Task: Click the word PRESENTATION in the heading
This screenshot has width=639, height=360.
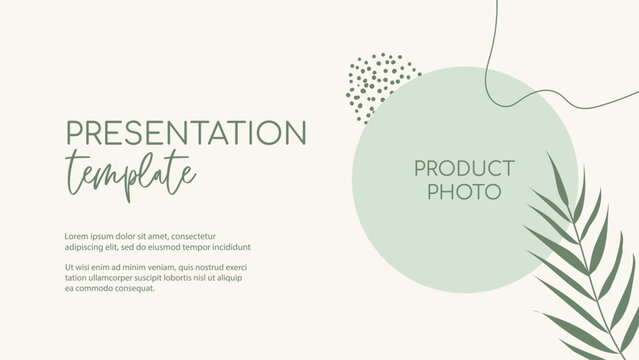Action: pyautogui.click(x=186, y=132)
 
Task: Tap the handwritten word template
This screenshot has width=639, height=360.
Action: pyautogui.click(x=130, y=171)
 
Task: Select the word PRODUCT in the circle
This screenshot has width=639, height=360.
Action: pyautogui.click(x=464, y=168)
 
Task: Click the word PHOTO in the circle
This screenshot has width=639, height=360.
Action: pyautogui.click(x=464, y=191)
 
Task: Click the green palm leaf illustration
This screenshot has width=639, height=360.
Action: pyautogui.click(x=585, y=260)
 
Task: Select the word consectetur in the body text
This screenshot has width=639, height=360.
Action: pyautogui.click(x=193, y=236)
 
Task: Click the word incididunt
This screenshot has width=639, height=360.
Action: pyautogui.click(x=231, y=247)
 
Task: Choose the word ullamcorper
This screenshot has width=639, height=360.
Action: pyautogui.click(x=114, y=278)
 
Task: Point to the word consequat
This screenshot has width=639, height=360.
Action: pyautogui.click(x=134, y=289)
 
